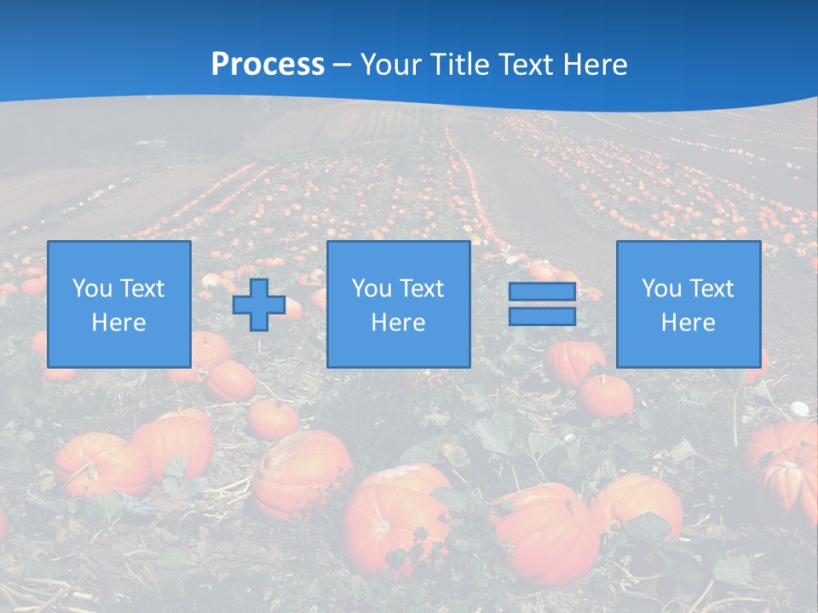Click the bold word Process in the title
pyautogui.click(x=268, y=65)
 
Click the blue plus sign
pyautogui.click(x=259, y=305)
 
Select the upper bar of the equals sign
pyautogui.click(x=542, y=292)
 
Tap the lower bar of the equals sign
pyautogui.click(x=542, y=317)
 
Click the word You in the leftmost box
pyautogui.click(x=92, y=289)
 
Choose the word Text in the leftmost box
pyautogui.click(x=141, y=289)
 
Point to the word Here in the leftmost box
pyautogui.click(x=119, y=323)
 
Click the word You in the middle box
pyautogui.click(x=372, y=289)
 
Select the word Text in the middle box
pyautogui.click(x=421, y=289)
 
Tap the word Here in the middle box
pyautogui.click(x=399, y=323)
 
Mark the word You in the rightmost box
pyautogui.click(x=661, y=289)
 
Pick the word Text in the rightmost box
pyautogui.click(x=711, y=289)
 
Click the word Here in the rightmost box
pyautogui.click(x=688, y=323)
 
